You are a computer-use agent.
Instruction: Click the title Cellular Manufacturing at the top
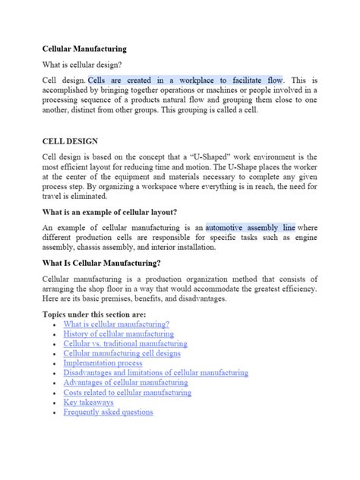pos(84,49)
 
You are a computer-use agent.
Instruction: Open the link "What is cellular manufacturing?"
pos(116,324)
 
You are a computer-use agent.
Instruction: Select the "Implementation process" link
pos(103,363)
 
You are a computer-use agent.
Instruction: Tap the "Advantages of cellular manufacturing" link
pos(127,383)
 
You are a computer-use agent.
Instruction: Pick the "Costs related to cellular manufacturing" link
pos(128,393)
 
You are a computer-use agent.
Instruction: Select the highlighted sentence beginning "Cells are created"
pos(186,80)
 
